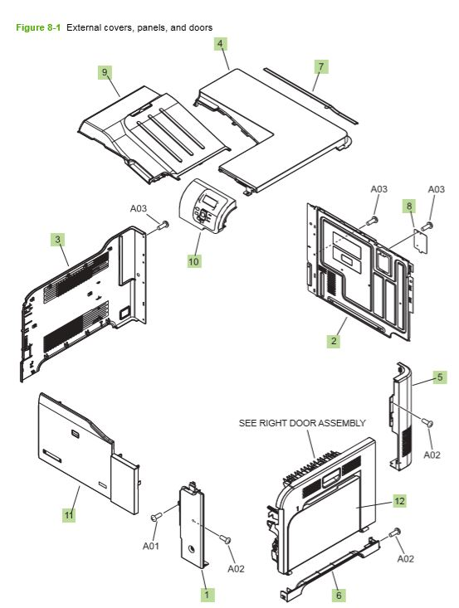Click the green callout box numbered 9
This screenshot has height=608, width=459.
tap(105, 73)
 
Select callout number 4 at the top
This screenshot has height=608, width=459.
tap(220, 42)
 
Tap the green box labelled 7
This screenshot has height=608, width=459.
tap(321, 65)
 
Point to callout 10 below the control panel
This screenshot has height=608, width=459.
tap(193, 260)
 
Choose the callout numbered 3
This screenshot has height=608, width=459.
tap(57, 240)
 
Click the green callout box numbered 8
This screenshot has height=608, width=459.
tap(408, 204)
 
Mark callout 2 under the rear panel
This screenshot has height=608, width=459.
tap(333, 341)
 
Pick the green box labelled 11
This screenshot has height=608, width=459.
tap(69, 515)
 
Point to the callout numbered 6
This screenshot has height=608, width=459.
tap(337, 595)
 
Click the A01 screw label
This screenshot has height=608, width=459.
tap(150, 546)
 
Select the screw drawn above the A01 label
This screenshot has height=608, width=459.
tap(154, 518)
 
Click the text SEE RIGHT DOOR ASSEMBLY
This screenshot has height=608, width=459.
tap(302, 423)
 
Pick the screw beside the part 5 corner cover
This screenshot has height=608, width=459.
tap(428, 424)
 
